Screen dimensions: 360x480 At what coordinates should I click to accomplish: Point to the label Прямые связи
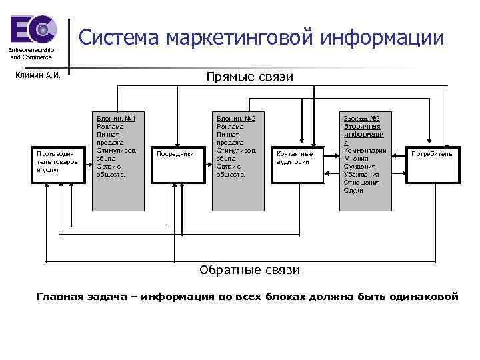pyautogui.click(x=250, y=77)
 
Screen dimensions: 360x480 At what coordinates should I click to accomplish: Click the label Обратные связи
pyautogui.click(x=250, y=270)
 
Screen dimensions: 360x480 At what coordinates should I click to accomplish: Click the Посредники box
pyautogui.click(x=175, y=154)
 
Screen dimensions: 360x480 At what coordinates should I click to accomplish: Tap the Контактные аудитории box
pyautogui.click(x=294, y=158)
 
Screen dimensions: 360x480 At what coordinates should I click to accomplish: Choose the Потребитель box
pyautogui.click(x=431, y=154)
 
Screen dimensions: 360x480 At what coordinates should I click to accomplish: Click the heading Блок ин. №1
pyautogui.click(x=117, y=118)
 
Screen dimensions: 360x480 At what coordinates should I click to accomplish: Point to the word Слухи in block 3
pyautogui.click(x=353, y=191)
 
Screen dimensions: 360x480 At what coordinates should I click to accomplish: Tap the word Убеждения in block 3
pyautogui.click(x=361, y=175)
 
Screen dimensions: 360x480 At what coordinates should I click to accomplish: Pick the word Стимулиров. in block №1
pyautogui.click(x=117, y=151)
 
